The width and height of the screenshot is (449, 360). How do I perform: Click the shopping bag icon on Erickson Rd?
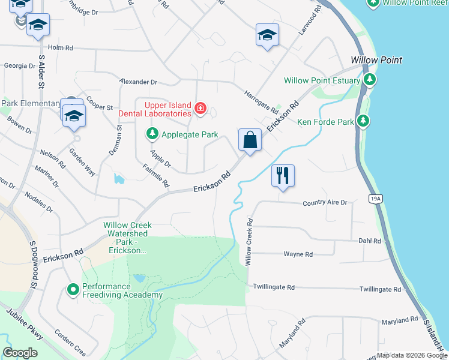pos(250,141)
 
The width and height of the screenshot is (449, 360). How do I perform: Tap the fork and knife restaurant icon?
pos(282,176)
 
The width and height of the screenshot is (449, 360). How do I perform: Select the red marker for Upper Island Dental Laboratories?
pos(200,109)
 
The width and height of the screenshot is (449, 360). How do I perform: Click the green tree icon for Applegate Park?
pos(152,134)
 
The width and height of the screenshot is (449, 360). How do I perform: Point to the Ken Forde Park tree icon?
pos(363,122)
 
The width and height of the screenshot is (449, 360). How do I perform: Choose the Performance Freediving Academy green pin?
pos(73,290)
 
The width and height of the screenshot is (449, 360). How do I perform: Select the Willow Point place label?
pos(376,61)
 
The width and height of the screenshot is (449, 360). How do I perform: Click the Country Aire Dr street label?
pos(325,203)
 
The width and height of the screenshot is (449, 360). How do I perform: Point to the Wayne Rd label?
pos(298,254)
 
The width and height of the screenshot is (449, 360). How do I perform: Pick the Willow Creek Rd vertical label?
pos(249,242)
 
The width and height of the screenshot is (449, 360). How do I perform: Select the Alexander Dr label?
pos(137,82)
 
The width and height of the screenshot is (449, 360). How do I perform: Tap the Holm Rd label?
pos(60,47)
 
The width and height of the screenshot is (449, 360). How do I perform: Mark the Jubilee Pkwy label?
pos(25,325)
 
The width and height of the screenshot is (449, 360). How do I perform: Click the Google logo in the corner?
pos(20,353)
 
